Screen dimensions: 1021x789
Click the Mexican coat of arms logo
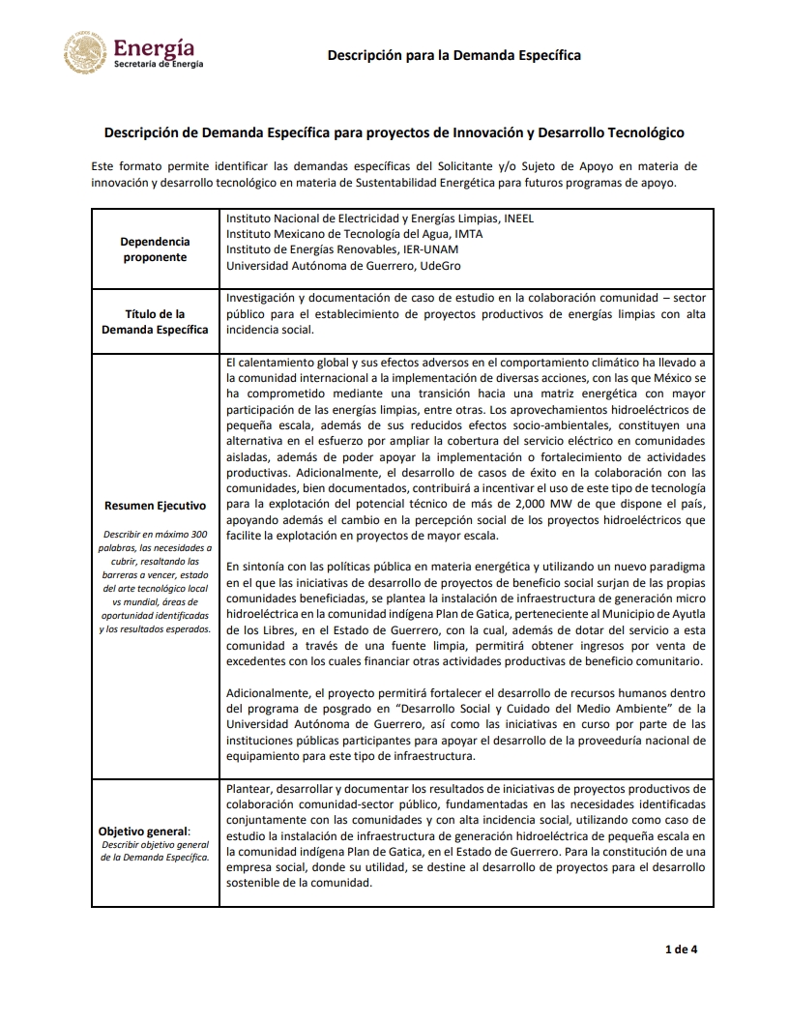(x=86, y=52)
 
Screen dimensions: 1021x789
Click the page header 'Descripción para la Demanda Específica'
(x=453, y=55)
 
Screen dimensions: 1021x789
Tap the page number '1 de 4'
(x=681, y=948)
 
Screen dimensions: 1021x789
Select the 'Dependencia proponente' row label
(x=155, y=249)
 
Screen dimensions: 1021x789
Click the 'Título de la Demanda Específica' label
(x=155, y=322)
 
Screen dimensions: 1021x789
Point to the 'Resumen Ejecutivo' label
(x=155, y=506)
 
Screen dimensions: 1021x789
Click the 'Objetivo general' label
(x=145, y=831)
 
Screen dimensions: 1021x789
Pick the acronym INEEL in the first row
(x=516, y=219)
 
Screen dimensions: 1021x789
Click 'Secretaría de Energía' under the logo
(x=159, y=64)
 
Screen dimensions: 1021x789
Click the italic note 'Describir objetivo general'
(x=155, y=851)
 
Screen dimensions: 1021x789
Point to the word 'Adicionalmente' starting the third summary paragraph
(x=268, y=692)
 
